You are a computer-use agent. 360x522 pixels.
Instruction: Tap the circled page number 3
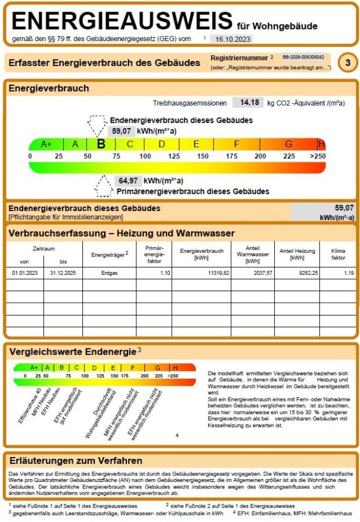coord(347,63)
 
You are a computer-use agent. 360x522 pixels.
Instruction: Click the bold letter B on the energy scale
coord(101,144)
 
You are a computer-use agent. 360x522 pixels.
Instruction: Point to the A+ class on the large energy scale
coord(46,144)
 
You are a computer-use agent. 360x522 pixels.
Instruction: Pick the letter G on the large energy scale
coord(289,144)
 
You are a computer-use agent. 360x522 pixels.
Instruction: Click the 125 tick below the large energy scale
coord(174,156)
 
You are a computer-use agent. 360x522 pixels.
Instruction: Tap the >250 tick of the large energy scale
coord(317,156)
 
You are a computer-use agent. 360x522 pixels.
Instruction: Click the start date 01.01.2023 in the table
coord(24,272)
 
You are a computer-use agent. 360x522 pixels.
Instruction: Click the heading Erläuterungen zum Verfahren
coord(76,461)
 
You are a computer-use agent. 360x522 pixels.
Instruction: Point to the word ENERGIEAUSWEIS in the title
coord(122,21)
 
